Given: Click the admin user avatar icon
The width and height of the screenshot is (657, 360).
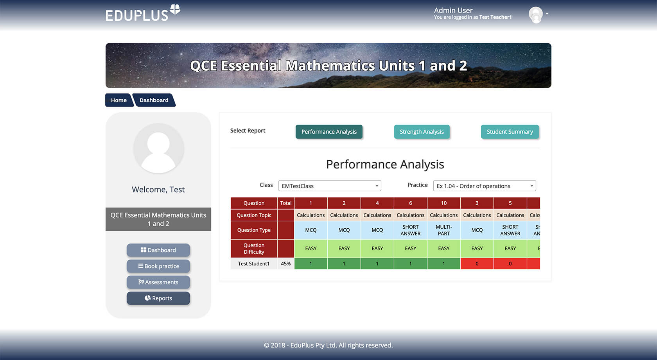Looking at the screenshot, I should (x=536, y=15).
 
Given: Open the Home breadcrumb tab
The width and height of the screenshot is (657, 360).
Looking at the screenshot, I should (x=118, y=100).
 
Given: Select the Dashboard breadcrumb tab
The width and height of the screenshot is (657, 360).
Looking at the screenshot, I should (x=154, y=100).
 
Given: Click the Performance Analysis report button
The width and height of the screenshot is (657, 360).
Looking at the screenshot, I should (x=329, y=132).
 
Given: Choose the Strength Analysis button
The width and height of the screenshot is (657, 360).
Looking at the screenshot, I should (x=422, y=132).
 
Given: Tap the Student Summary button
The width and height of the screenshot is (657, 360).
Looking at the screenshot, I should (x=510, y=132).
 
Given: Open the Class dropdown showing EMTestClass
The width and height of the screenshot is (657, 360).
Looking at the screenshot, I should (x=330, y=186).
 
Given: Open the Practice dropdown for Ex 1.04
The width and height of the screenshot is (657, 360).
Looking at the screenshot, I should (x=484, y=186).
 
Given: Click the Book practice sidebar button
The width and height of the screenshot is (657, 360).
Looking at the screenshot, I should (x=158, y=266).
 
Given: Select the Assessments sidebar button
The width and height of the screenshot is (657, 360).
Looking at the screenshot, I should (x=158, y=282).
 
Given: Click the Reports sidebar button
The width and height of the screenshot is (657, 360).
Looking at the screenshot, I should (x=158, y=298).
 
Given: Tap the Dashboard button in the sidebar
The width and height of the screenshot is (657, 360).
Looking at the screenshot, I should (x=158, y=250).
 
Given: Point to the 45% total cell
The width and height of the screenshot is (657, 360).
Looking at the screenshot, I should (x=285, y=264).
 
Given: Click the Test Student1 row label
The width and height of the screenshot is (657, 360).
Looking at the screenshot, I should (x=254, y=264).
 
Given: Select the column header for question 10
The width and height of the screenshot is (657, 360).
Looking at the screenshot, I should (x=444, y=203).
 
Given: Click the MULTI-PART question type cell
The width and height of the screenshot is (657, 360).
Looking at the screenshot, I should (x=444, y=230).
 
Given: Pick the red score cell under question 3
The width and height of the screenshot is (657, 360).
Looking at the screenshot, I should (x=477, y=264).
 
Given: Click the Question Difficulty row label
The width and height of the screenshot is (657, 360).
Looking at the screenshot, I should (x=254, y=249).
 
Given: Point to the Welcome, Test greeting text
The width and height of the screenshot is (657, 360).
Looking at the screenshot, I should (x=158, y=190).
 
